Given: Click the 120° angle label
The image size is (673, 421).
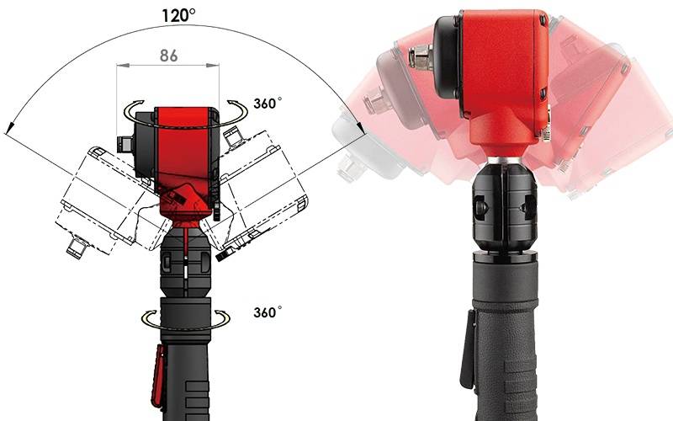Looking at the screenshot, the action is tap(178, 15).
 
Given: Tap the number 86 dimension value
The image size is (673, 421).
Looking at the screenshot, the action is tap(169, 56).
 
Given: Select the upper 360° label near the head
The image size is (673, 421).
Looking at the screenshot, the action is tap(268, 104).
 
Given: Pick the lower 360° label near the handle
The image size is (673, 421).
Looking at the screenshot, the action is tap(268, 312).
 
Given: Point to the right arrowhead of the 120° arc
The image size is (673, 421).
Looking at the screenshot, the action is tap(361, 127).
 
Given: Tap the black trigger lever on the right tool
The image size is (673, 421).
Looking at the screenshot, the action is tap(468, 349).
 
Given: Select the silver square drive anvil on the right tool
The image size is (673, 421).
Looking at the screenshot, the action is tap(421, 57).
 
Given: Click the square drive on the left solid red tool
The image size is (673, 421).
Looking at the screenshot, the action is tap(125, 144).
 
